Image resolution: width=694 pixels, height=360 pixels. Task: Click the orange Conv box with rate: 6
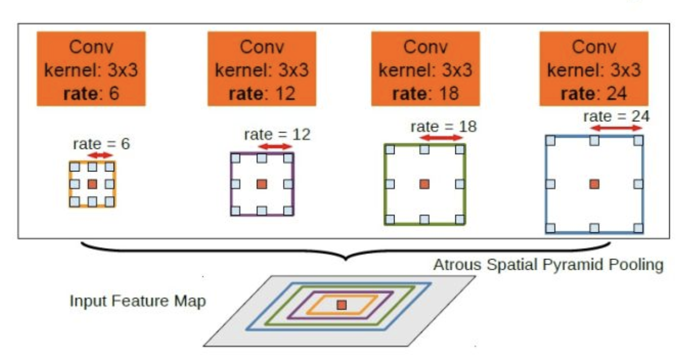91,69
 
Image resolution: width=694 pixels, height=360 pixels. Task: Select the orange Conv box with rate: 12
262,69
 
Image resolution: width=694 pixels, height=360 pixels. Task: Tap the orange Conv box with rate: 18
425,69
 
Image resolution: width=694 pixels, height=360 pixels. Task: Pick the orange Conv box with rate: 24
594,69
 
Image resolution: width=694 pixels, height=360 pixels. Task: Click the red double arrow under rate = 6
101,155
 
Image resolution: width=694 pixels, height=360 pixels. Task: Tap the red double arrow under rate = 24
618,128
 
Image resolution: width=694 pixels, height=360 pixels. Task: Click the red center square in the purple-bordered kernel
262,184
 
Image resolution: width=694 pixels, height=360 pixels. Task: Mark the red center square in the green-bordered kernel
424,184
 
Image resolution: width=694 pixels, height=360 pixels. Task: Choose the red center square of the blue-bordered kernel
594,184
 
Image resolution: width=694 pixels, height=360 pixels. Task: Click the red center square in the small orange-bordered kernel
92,184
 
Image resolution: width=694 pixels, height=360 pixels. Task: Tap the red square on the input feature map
342,305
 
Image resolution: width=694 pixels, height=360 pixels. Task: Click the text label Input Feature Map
137,301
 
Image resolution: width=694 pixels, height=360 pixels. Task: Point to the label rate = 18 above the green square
443,127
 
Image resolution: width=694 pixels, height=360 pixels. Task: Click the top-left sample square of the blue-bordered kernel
551,140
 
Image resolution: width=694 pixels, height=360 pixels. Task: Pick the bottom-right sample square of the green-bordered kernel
460,219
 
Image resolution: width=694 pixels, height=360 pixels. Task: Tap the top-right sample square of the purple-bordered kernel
288,158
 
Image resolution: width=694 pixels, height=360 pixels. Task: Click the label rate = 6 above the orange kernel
101,143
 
